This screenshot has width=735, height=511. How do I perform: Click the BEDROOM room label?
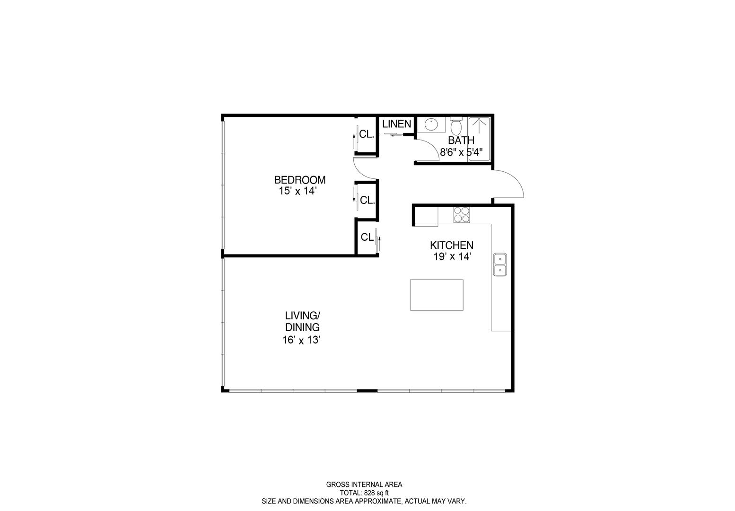click(x=300, y=180)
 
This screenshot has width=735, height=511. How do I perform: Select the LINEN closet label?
click(x=396, y=124)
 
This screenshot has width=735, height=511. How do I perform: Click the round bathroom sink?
click(x=431, y=125)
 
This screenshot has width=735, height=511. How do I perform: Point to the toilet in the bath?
click(x=456, y=126)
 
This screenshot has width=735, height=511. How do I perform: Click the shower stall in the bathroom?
click(x=480, y=139)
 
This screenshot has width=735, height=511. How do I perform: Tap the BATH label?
click(x=461, y=141)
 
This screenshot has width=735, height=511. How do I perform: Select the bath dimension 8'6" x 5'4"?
click(x=461, y=152)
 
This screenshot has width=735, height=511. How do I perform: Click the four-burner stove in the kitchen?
click(x=462, y=215)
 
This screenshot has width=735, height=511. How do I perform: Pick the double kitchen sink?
click(x=500, y=264)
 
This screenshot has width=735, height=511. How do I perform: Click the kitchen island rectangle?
click(x=437, y=295)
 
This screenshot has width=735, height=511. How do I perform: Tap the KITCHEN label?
click(x=451, y=246)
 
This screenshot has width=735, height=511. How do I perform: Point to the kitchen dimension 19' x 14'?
click(x=451, y=257)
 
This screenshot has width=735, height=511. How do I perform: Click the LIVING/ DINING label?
click(x=303, y=321)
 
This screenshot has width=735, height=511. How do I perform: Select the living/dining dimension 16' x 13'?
click(x=302, y=340)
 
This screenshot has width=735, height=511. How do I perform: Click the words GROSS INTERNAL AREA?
click(x=364, y=485)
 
